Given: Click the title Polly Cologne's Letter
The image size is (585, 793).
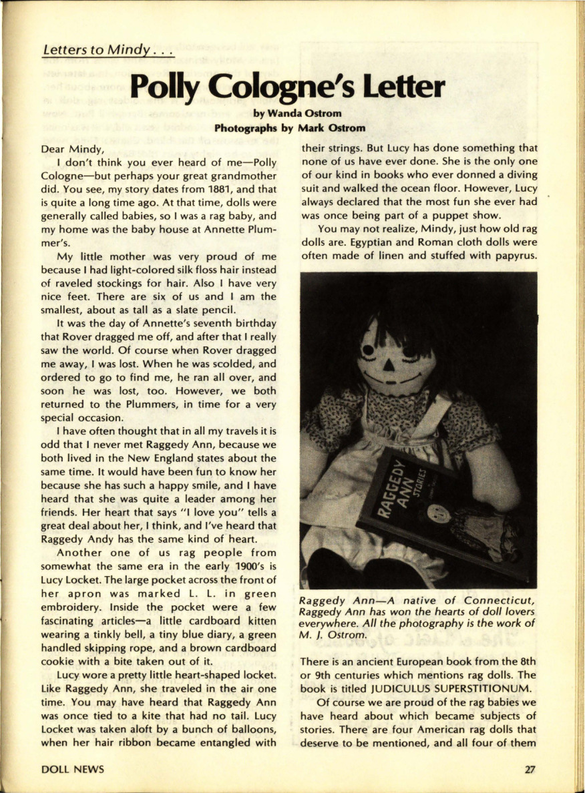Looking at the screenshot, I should point(287,87).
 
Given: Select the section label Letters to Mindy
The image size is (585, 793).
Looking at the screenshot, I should point(108,50).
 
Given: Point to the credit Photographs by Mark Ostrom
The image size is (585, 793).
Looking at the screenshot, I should point(291,127).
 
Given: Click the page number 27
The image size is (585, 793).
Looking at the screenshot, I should point(530,769).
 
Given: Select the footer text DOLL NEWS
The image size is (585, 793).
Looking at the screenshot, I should point(73,769).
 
